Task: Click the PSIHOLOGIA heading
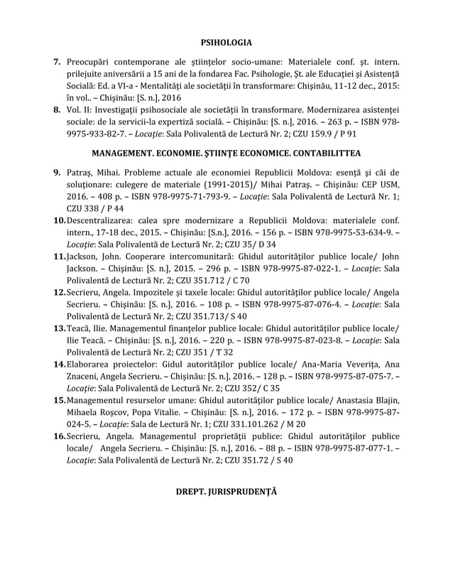pyautogui.click(x=226, y=43)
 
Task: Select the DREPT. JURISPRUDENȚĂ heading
pyautogui.click(x=226, y=491)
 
